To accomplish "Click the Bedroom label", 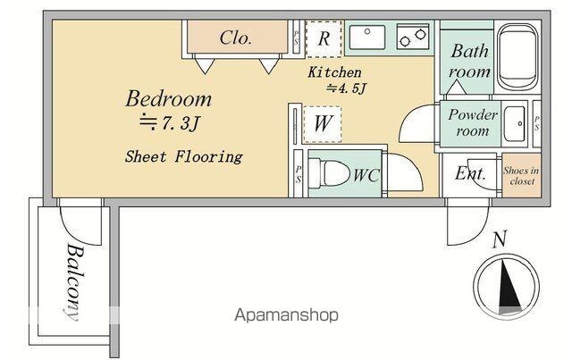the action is point(168,99).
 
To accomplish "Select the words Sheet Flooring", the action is point(183,157).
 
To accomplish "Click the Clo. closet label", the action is point(236,38).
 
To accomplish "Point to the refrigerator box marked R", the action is point(324,38).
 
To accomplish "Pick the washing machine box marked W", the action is point(323,124).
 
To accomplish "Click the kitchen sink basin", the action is point(367,38).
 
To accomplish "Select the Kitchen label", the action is point(334,72).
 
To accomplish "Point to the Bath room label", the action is point(469,62).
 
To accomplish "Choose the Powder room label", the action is point(473,122).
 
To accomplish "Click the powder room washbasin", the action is point(515,124).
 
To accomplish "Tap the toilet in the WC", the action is point(327,173).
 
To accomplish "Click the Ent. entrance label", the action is point(471,173).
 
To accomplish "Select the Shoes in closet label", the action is point(521,176).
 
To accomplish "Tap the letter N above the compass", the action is point(499,239).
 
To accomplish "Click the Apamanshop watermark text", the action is point(286,314).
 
